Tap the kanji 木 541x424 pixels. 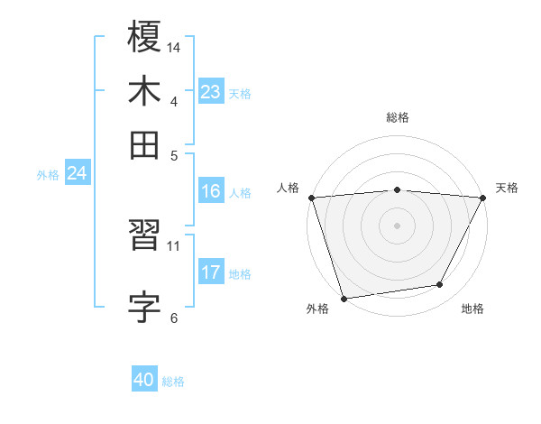pyautogui.click(x=144, y=93)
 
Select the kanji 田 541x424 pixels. pyautogui.click(x=144, y=144)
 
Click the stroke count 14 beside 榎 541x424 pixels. pyautogui.click(x=175, y=45)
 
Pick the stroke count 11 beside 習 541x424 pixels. pyautogui.click(x=174, y=245)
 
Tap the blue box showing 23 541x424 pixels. pyautogui.click(x=210, y=92)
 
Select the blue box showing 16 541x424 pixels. pyautogui.click(x=210, y=191)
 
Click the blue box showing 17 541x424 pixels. pyautogui.click(x=210, y=272)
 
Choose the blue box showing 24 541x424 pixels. pyautogui.click(x=77, y=173)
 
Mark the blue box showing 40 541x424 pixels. pyautogui.click(x=144, y=380)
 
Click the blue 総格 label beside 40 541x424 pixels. pyautogui.click(x=173, y=382)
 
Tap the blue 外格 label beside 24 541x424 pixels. pyautogui.click(x=48, y=175)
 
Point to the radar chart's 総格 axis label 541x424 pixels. pyautogui.click(x=397, y=117)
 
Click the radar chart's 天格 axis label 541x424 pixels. pyautogui.click(x=507, y=188)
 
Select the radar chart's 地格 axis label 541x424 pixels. pyautogui.click(x=472, y=309)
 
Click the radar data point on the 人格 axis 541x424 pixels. pyautogui.click(x=311, y=198)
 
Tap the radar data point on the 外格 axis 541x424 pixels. pyautogui.click(x=344, y=298)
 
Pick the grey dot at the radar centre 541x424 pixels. pyautogui.click(x=397, y=225)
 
